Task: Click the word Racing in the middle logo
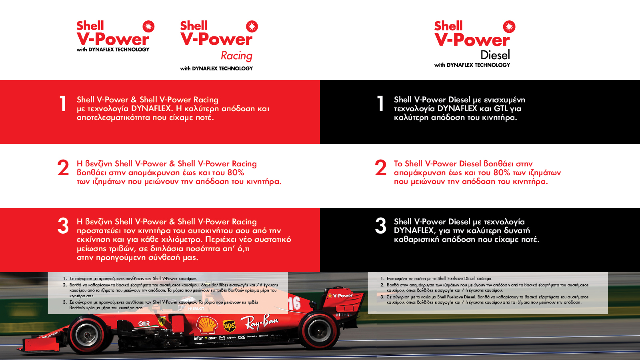pos(236,56)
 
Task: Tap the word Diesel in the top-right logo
pos(495,55)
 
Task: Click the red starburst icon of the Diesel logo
pos(509,26)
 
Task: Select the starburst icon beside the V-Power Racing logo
pos(252,26)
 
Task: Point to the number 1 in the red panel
pos(63,104)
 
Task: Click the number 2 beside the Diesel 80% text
pos(380,168)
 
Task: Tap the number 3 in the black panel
pos(380,226)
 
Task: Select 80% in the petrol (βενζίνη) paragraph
pos(236,172)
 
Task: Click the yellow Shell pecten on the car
pos(207,325)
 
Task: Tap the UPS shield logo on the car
pos(229,326)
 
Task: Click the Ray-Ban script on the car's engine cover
pos(260,322)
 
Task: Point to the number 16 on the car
pos(294,304)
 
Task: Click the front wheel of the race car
pos(85,334)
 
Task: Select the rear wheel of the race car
pos(318,330)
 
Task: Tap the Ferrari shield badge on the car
pos(162,321)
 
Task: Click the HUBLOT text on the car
pos(196,308)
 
